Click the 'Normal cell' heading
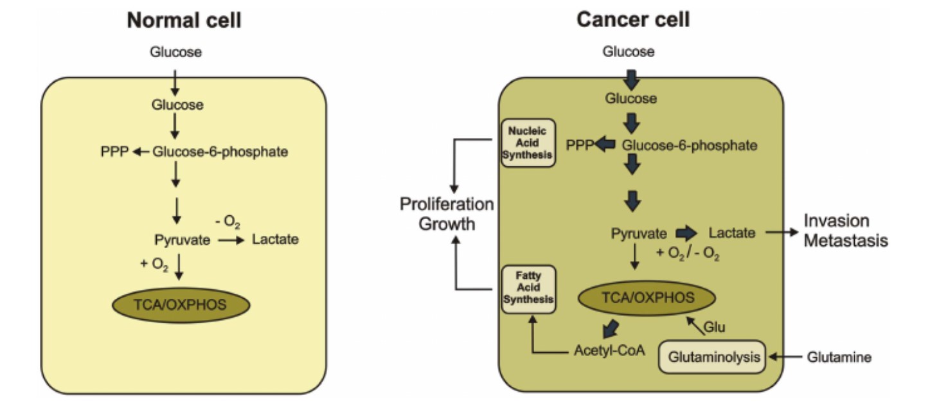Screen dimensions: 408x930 tap(184, 20)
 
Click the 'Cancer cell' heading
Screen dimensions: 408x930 tap(633, 20)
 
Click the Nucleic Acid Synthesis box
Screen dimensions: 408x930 tap(529, 143)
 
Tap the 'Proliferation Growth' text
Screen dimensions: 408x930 tap(447, 214)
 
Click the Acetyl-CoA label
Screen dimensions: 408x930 tap(609, 351)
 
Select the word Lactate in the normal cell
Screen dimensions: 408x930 tap(275, 240)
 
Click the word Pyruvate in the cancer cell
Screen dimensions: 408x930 tap(639, 233)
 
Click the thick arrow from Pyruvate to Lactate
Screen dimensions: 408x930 tap(686, 233)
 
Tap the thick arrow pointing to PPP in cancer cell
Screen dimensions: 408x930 tap(604, 145)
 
